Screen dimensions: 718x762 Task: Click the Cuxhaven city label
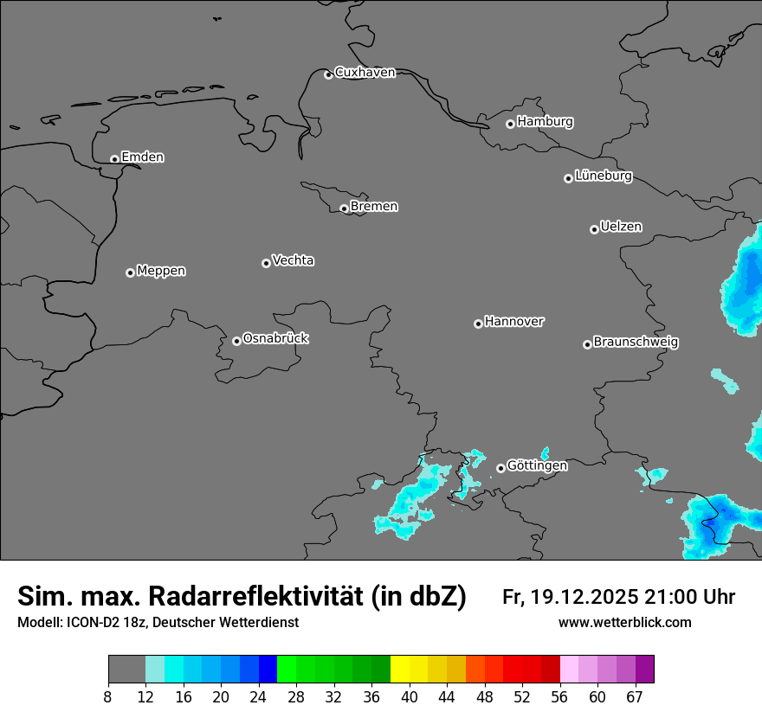coord(365,73)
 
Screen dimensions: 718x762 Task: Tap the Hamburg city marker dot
coord(511,124)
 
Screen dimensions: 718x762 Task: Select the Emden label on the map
coord(142,157)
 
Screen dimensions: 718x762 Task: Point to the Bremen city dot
coord(344,208)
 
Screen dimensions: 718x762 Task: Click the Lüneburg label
coord(604,176)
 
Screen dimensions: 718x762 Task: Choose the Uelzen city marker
coord(594,229)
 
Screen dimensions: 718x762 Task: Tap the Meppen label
coord(161,271)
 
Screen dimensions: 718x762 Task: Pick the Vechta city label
coord(293,260)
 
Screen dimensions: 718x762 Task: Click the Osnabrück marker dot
coord(236,341)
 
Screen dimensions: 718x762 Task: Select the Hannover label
coord(513,322)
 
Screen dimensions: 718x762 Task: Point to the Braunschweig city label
coord(636,343)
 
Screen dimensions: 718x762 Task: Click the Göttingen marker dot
coord(500,468)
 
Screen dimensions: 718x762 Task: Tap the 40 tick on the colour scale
coord(410,696)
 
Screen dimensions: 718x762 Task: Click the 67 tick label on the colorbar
coord(635,696)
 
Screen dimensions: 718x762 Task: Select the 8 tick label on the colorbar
coord(108,696)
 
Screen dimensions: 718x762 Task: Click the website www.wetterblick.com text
coord(624,623)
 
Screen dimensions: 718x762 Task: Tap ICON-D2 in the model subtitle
coord(92,623)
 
